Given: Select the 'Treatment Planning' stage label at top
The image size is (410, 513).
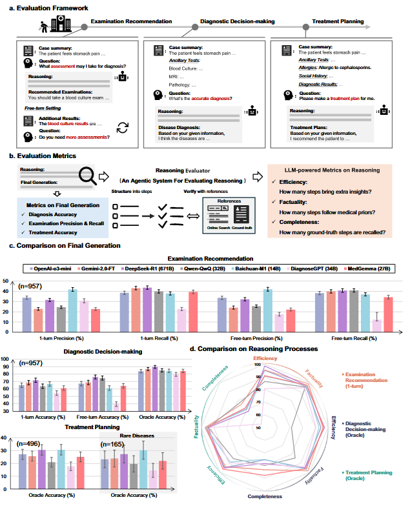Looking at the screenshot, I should (338, 21).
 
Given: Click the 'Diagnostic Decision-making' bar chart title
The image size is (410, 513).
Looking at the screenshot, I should (96, 352).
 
